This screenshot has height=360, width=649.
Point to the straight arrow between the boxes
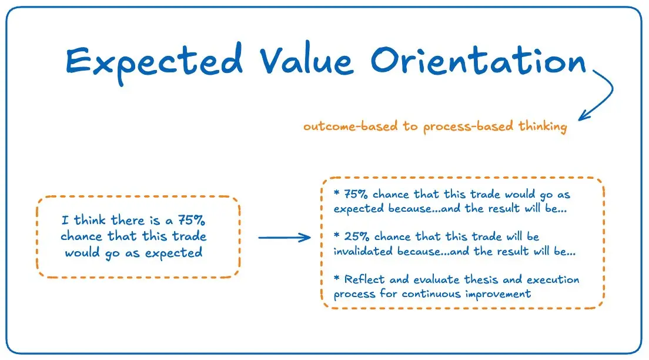click(x=285, y=238)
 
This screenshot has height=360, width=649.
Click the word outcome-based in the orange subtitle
click(x=350, y=125)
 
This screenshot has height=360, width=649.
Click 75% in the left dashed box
click(x=191, y=219)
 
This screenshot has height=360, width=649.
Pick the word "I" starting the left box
click(x=65, y=219)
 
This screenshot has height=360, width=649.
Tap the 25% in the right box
click(x=357, y=236)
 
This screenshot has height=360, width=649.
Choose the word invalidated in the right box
click(x=363, y=251)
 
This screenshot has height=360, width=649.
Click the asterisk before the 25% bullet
click(x=336, y=235)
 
